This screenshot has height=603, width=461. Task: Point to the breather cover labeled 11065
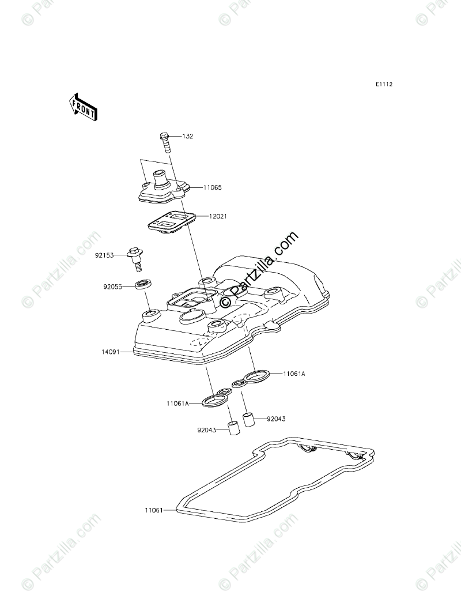pos(164,188)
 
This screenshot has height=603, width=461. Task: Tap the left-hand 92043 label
pos(206,429)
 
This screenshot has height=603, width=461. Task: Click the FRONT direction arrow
pos(84,107)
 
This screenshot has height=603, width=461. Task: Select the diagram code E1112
pos(384,84)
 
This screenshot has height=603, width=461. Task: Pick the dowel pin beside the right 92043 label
pos(248,419)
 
